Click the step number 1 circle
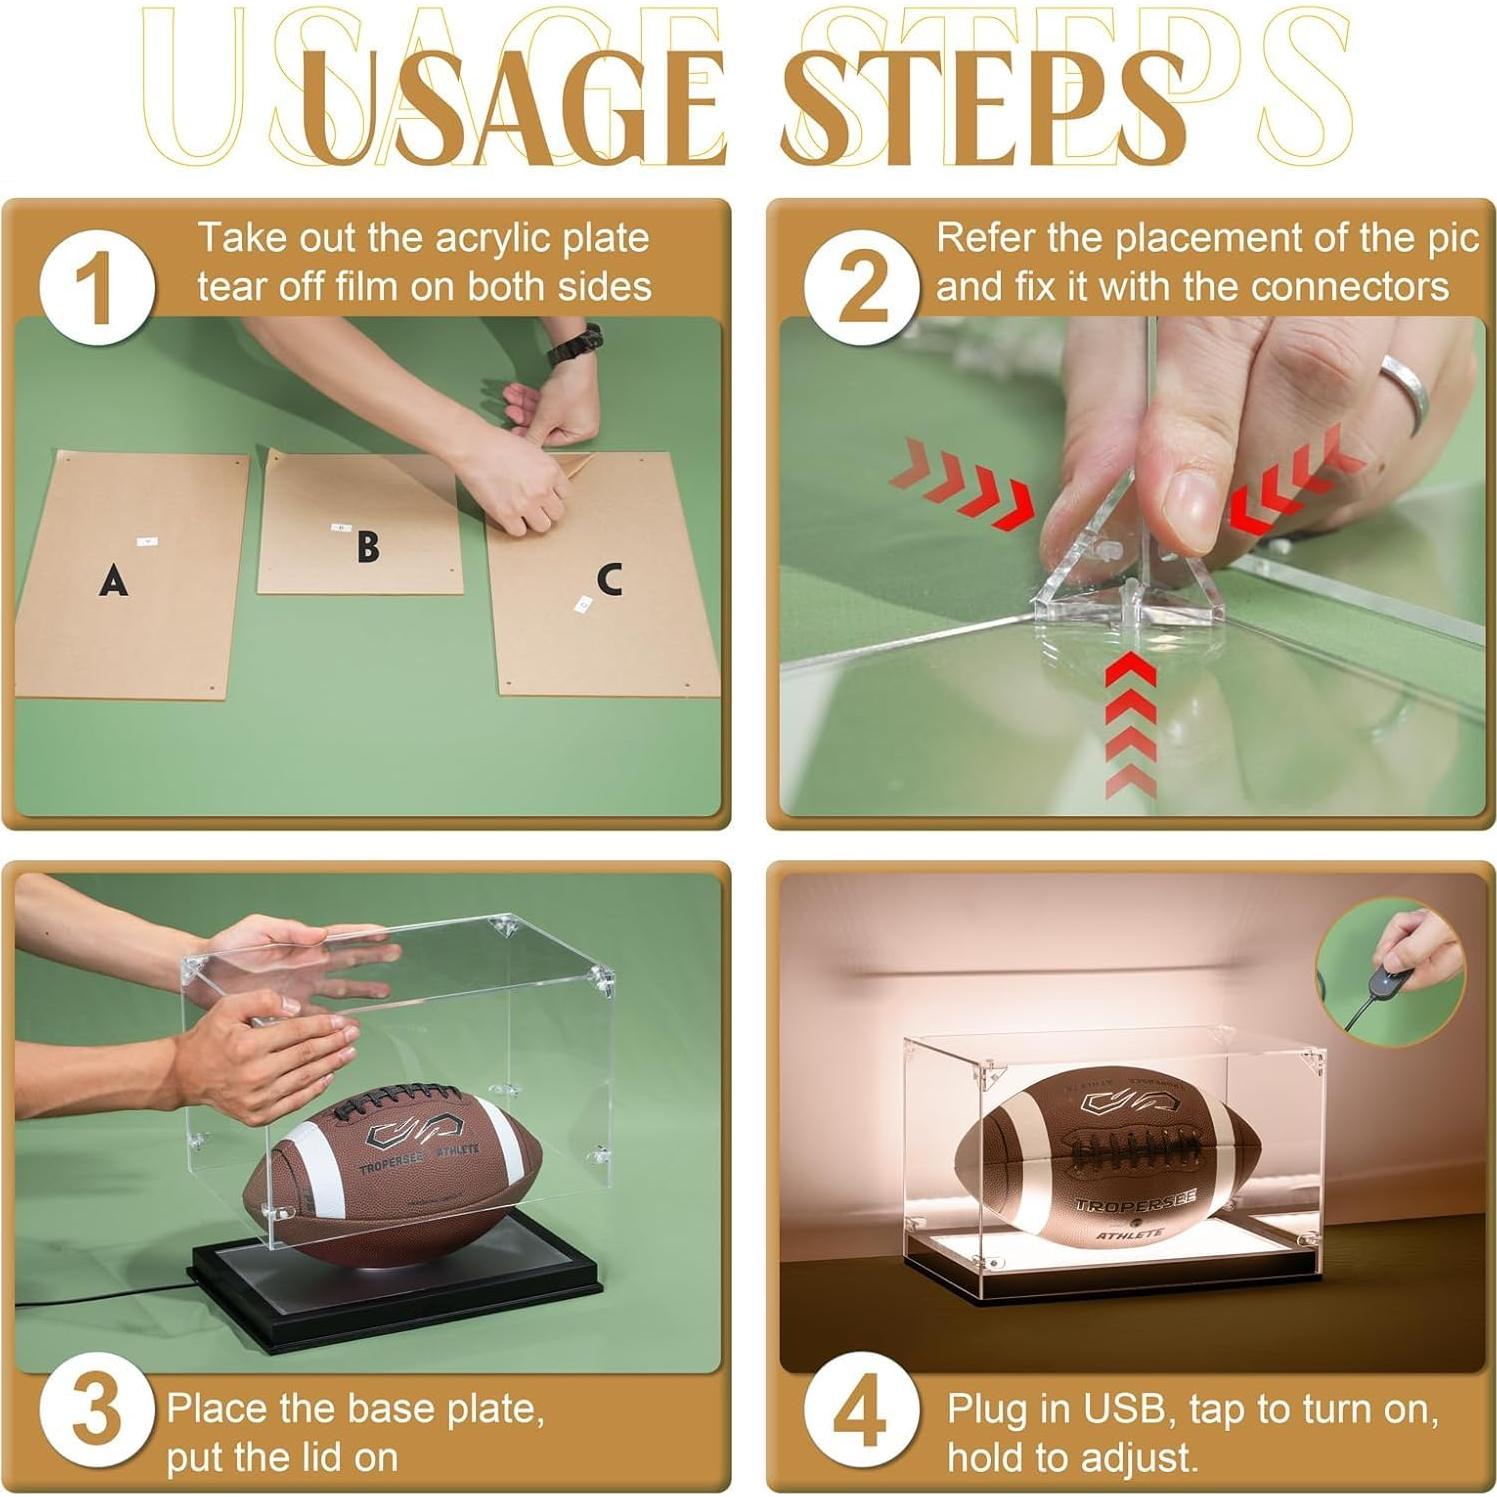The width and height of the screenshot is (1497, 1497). point(97,287)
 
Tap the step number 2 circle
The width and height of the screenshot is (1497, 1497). point(862,287)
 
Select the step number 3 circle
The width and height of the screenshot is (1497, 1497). point(97,1411)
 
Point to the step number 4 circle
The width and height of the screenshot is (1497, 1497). point(862,1411)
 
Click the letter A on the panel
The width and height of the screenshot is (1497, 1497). point(113,579)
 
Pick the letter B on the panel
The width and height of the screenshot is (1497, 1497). point(368,546)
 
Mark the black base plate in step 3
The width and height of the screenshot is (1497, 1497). point(394,1285)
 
